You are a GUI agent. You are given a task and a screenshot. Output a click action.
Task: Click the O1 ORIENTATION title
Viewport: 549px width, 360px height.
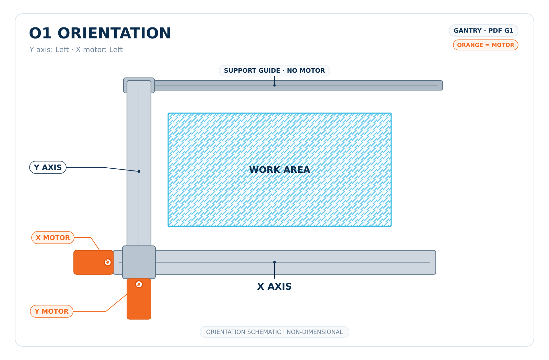pos(100,33)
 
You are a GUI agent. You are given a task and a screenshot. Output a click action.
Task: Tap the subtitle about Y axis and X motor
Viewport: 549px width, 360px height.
pos(76,50)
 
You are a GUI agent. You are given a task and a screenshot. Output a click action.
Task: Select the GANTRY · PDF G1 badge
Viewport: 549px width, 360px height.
pos(483,31)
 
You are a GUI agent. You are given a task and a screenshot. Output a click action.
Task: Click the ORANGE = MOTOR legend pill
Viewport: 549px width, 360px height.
pos(486,45)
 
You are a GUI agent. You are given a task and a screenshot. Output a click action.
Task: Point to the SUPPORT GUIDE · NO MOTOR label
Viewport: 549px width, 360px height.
pos(274,71)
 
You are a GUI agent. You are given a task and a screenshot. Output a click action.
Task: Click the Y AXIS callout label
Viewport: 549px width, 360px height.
pos(48,167)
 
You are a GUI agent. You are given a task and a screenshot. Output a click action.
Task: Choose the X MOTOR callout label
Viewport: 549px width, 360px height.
pos(53,238)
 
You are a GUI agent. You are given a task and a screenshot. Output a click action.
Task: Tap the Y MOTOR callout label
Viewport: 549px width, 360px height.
pos(51,311)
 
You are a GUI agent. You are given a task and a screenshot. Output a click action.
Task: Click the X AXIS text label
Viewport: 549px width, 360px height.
pos(274,287)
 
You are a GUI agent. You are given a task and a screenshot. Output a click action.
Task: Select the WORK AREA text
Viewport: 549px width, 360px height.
pos(280,170)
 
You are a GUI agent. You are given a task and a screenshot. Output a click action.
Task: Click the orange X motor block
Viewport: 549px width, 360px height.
pos(93,262)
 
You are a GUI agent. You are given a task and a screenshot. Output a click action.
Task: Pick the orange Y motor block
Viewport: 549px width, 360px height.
pos(139,299)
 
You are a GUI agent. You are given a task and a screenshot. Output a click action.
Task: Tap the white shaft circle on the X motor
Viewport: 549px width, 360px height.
pos(108,262)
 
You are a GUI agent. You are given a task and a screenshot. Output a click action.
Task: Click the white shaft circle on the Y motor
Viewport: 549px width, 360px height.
pos(139,284)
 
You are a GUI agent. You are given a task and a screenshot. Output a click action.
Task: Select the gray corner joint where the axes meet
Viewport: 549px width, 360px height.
pos(139,262)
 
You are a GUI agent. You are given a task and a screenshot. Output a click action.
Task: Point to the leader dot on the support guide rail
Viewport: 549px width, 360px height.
pos(274,85)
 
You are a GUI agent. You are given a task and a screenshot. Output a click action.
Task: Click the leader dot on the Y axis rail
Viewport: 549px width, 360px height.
pos(139,171)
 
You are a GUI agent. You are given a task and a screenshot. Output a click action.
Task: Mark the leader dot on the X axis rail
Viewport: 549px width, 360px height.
pos(274,262)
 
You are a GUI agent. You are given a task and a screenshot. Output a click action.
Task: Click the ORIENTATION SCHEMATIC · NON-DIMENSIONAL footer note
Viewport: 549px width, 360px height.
pos(274,332)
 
